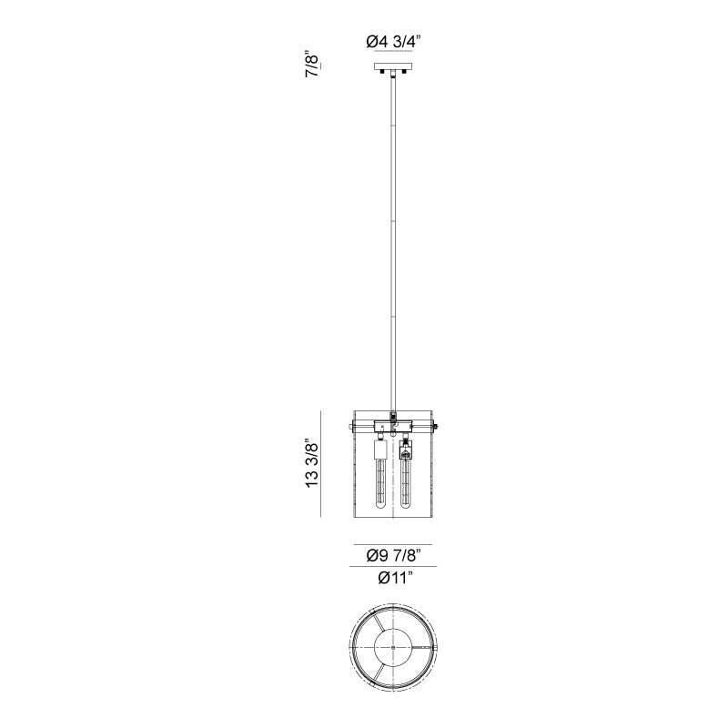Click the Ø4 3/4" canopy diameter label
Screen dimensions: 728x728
point(393,42)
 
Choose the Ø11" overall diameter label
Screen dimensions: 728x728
point(393,576)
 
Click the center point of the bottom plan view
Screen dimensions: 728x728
point(393,646)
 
